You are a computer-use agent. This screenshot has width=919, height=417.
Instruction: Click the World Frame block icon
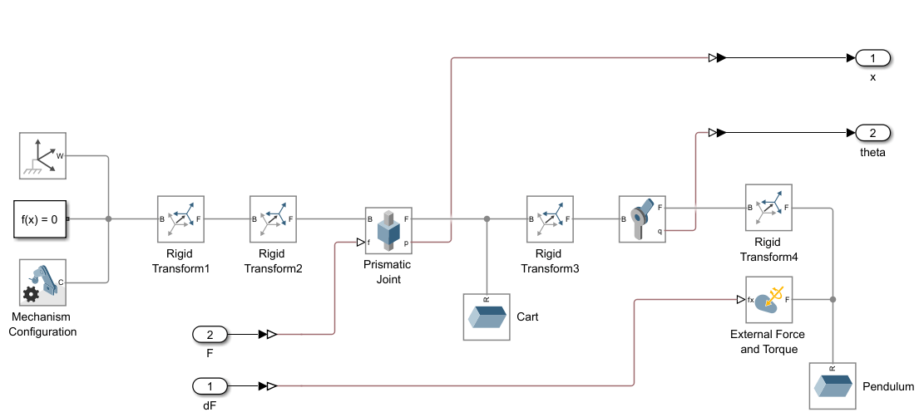pos(42,155)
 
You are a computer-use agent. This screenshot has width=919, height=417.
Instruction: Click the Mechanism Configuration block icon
pos(42,282)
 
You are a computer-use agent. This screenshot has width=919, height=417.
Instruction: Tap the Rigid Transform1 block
pos(180,219)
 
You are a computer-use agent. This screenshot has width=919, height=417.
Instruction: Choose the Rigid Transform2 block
pos(273,219)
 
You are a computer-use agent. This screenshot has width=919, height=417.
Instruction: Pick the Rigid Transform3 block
pos(550,219)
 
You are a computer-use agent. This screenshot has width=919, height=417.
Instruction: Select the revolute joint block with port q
pos(642,219)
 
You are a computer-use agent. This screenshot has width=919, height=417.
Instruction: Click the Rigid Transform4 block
pos(768,208)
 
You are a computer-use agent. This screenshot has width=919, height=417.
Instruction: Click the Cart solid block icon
pos(487,316)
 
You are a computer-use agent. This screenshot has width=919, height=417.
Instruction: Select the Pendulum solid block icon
pos(833,386)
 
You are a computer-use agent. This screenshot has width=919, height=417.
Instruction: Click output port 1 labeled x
pos(873,58)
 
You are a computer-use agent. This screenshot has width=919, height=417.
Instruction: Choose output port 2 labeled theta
pos(873,133)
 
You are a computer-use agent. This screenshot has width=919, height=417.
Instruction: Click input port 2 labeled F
pos(210,334)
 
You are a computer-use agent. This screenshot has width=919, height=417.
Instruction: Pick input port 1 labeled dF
pos(210,386)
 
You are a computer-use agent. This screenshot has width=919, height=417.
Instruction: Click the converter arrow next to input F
pos(268,334)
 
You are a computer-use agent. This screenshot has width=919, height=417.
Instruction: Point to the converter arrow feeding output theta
pos(717,133)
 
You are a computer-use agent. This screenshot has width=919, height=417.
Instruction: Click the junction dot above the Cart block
pos(487,219)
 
